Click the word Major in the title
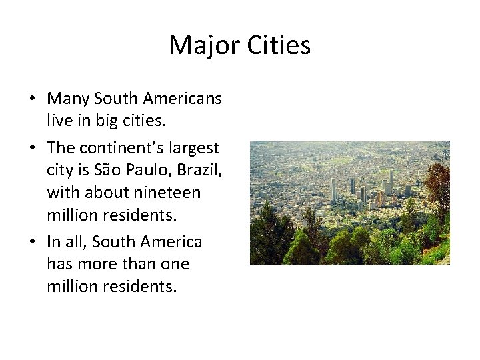[205, 45]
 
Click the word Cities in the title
[279, 45]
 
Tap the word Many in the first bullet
[68, 99]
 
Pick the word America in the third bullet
[171, 241]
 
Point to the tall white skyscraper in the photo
[333, 189]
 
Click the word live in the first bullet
[59, 121]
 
